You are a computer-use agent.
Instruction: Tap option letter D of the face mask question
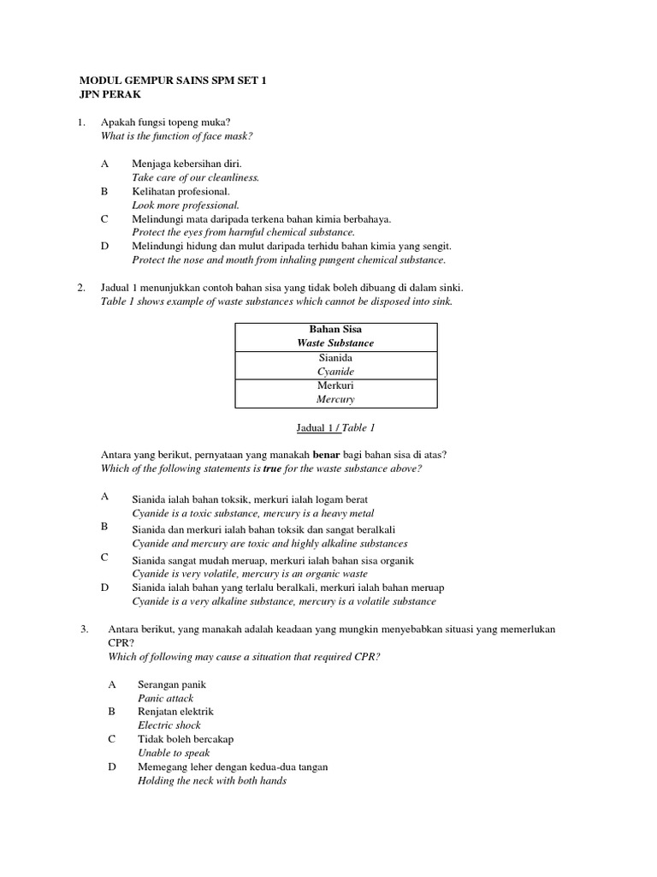[x=104, y=246]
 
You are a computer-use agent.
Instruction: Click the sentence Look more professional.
[x=186, y=206]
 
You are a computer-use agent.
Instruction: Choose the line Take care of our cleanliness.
[x=195, y=177]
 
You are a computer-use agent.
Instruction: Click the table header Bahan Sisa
[x=335, y=330]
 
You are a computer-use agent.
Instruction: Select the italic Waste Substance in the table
[x=335, y=343]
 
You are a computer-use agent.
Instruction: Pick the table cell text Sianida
[x=335, y=358]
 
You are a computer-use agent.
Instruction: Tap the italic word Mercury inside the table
[x=335, y=399]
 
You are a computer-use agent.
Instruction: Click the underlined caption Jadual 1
[x=301, y=427]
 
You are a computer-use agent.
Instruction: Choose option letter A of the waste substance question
[x=104, y=497]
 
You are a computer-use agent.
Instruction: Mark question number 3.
[x=84, y=629]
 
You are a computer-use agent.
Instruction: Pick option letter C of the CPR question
[x=111, y=739]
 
